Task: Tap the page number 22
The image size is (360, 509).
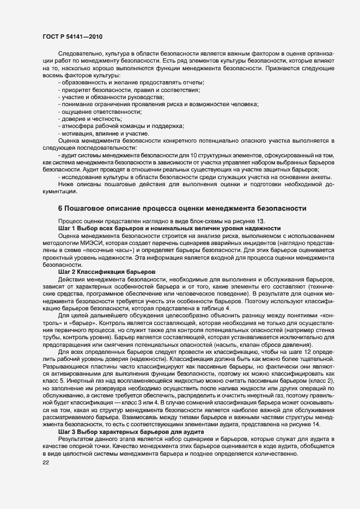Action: (45, 463)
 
